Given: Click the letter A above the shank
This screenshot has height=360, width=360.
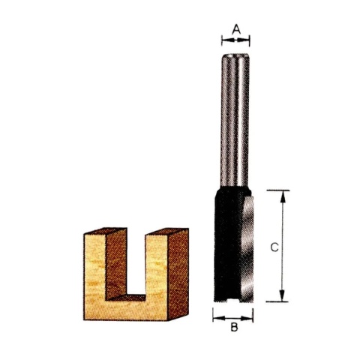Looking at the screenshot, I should [x=236, y=29].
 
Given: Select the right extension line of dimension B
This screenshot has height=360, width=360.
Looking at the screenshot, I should [x=253, y=313].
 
